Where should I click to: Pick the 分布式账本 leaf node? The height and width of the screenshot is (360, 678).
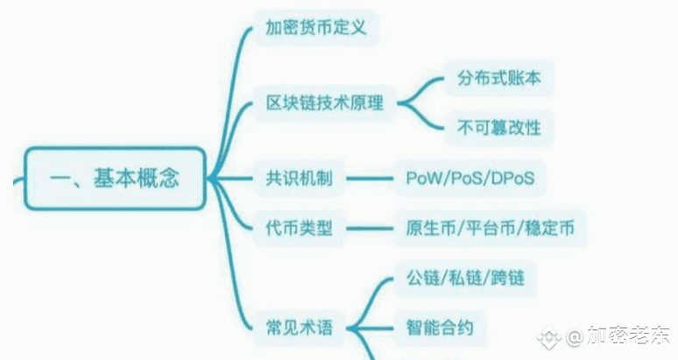coord(498,78)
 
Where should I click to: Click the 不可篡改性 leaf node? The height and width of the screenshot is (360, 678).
coord(498,128)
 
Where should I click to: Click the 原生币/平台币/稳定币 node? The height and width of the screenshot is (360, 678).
coord(490,229)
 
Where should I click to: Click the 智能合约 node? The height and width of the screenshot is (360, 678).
coord(440,328)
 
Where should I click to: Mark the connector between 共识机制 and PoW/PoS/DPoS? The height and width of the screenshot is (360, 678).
coord(369,179)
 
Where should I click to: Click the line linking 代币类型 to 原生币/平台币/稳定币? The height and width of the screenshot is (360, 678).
coord(369,229)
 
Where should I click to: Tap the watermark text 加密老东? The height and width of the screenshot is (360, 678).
coord(630,336)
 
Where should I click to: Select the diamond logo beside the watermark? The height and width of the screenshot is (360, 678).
coord(550,336)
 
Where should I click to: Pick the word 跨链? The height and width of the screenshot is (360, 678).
coord(508,279)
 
